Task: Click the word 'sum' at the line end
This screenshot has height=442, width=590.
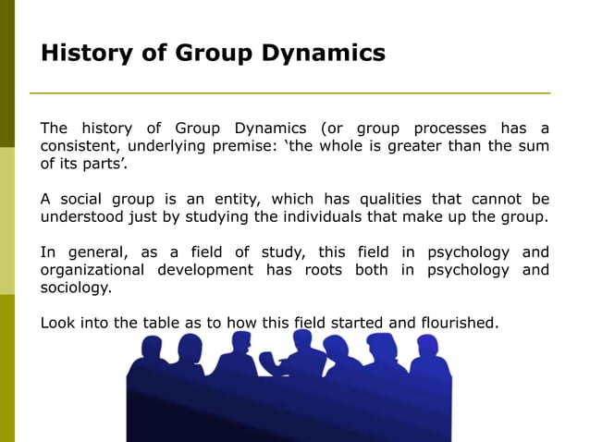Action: coord(534,145)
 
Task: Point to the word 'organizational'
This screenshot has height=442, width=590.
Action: coord(92,270)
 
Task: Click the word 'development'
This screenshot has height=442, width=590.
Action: coord(206,270)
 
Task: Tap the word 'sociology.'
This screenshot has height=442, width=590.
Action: coord(76,288)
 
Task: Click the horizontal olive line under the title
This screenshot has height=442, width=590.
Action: coord(289,93)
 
